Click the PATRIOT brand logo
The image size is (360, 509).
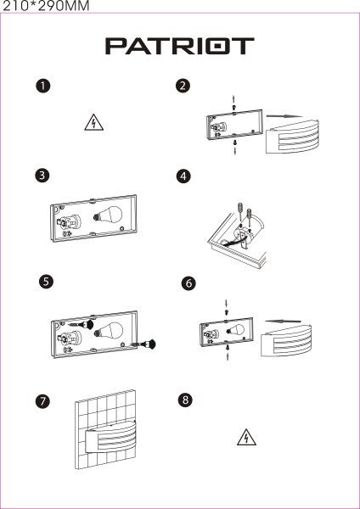[180, 46]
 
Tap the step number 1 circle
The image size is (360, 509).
[43, 86]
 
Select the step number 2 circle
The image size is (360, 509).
[183, 86]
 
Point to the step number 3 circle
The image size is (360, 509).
[42, 176]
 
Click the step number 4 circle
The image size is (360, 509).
[183, 176]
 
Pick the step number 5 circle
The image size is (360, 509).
[46, 281]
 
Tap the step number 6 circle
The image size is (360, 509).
[188, 283]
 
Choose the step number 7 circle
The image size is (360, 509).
[42, 401]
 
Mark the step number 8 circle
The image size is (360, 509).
[185, 400]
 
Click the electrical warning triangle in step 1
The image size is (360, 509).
[94, 123]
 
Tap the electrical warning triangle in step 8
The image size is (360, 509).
[246, 438]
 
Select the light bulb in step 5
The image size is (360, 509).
[109, 330]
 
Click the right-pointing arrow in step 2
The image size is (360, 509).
[284, 116]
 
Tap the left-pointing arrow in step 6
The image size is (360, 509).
[283, 322]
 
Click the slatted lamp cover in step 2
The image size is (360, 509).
[292, 136]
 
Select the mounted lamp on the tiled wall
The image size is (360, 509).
[111, 437]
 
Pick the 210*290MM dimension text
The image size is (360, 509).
[46, 6]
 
